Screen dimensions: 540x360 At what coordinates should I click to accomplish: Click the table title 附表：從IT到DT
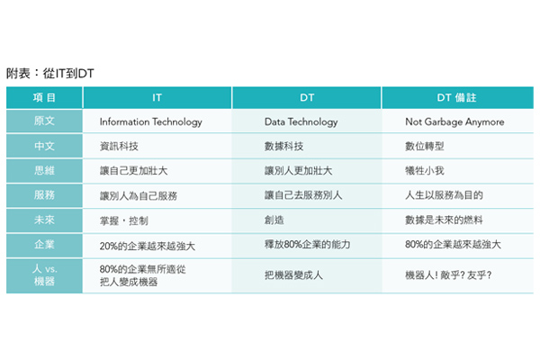coord(49,74)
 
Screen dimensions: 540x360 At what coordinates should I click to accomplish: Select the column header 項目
coord(44,98)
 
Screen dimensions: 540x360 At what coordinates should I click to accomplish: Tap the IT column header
coord(157,98)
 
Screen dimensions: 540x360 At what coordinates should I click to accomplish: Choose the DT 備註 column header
coord(456,98)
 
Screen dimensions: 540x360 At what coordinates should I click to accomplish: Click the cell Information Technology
coord(151,122)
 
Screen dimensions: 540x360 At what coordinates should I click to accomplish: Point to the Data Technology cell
coord(301,122)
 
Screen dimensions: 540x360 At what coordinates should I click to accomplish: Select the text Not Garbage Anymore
coord(454,122)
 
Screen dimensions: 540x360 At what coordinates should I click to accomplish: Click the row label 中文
coord(44,146)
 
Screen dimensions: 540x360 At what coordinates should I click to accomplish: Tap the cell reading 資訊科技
coord(119,147)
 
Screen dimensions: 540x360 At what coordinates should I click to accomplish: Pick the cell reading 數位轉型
coord(425,147)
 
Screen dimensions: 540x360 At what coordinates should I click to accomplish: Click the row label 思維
coord(44,170)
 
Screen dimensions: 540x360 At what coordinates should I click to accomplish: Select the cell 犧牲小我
coord(425,170)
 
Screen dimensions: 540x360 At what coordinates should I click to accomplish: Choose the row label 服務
coord(44,195)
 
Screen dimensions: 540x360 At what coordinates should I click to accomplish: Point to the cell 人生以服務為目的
coord(444,195)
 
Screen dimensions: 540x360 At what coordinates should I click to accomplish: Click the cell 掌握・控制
coord(124,220)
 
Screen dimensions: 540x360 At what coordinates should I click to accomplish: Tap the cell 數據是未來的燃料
coord(444,220)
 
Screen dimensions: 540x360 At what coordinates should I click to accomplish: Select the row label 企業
coord(44,244)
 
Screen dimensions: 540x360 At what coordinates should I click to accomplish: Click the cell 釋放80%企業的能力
coord(307,245)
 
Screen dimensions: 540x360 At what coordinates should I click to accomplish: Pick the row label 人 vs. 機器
coord(44,274)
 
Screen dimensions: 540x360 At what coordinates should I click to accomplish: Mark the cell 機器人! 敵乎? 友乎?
coord(448,274)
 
